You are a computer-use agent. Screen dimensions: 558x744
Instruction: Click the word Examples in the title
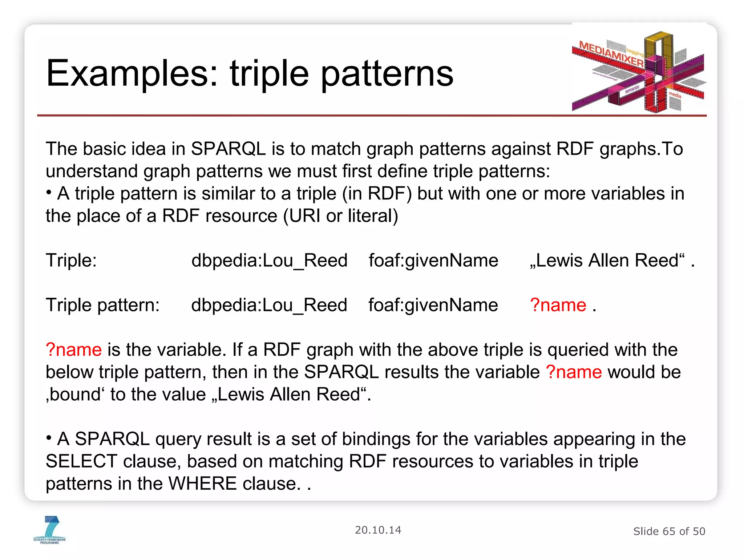pyautogui.click(x=132, y=74)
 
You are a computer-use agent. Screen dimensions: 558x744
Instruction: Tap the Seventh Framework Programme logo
pyautogui.click(x=50, y=530)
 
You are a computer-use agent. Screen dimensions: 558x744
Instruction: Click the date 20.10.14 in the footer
pyautogui.click(x=378, y=530)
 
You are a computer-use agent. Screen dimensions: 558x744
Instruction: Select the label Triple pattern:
pyautogui.click(x=102, y=305)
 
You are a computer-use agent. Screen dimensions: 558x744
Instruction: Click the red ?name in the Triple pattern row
pyautogui.click(x=558, y=305)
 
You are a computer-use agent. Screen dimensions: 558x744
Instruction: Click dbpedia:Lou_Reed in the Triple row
pyautogui.click(x=269, y=260)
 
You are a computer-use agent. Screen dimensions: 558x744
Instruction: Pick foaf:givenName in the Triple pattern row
pyautogui.click(x=433, y=305)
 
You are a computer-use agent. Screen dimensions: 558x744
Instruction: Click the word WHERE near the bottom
pyautogui.click(x=203, y=484)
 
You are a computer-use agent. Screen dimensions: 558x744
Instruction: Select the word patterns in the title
pyautogui.click(x=387, y=74)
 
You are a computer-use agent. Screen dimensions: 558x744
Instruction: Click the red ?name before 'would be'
pyautogui.click(x=574, y=372)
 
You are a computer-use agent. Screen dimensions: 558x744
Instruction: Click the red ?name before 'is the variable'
pyautogui.click(x=74, y=349)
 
